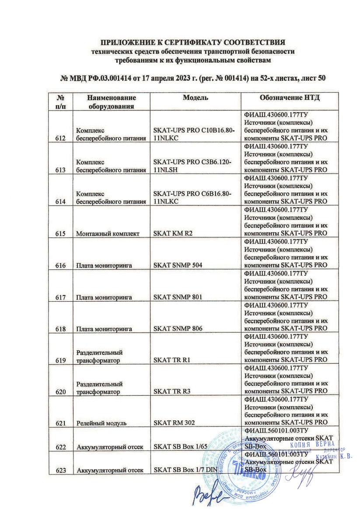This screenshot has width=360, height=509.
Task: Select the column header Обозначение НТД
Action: (x=284, y=97)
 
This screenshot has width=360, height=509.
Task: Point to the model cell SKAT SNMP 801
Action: (x=177, y=297)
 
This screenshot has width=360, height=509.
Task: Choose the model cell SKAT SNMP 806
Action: (x=177, y=329)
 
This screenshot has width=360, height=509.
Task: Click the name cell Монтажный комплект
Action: (x=108, y=234)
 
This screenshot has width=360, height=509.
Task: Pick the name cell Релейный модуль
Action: (x=101, y=423)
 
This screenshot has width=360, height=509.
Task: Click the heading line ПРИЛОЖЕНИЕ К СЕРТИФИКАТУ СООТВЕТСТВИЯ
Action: (x=193, y=43)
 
